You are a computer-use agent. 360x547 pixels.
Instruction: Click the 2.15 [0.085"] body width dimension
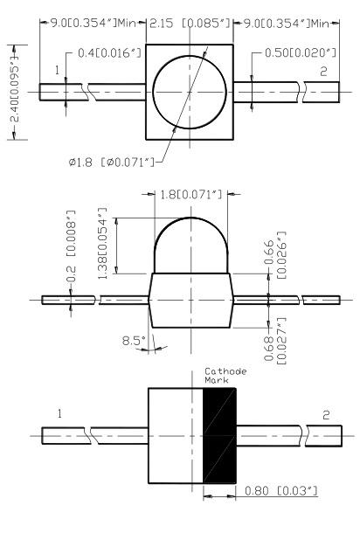click(x=190, y=24)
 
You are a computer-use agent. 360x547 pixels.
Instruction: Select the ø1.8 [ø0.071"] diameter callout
click(x=111, y=163)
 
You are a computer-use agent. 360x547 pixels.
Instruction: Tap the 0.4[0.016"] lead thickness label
click(x=109, y=53)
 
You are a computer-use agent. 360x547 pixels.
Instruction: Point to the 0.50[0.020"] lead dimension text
click(x=301, y=53)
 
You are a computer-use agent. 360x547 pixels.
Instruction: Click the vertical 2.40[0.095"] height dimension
click(x=15, y=92)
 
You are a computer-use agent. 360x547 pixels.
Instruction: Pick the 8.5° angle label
click(x=134, y=340)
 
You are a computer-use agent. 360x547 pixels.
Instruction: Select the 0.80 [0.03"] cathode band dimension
click(x=281, y=491)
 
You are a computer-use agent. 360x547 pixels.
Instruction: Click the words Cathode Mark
click(x=225, y=376)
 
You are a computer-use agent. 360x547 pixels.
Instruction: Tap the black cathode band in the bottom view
click(x=220, y=435)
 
